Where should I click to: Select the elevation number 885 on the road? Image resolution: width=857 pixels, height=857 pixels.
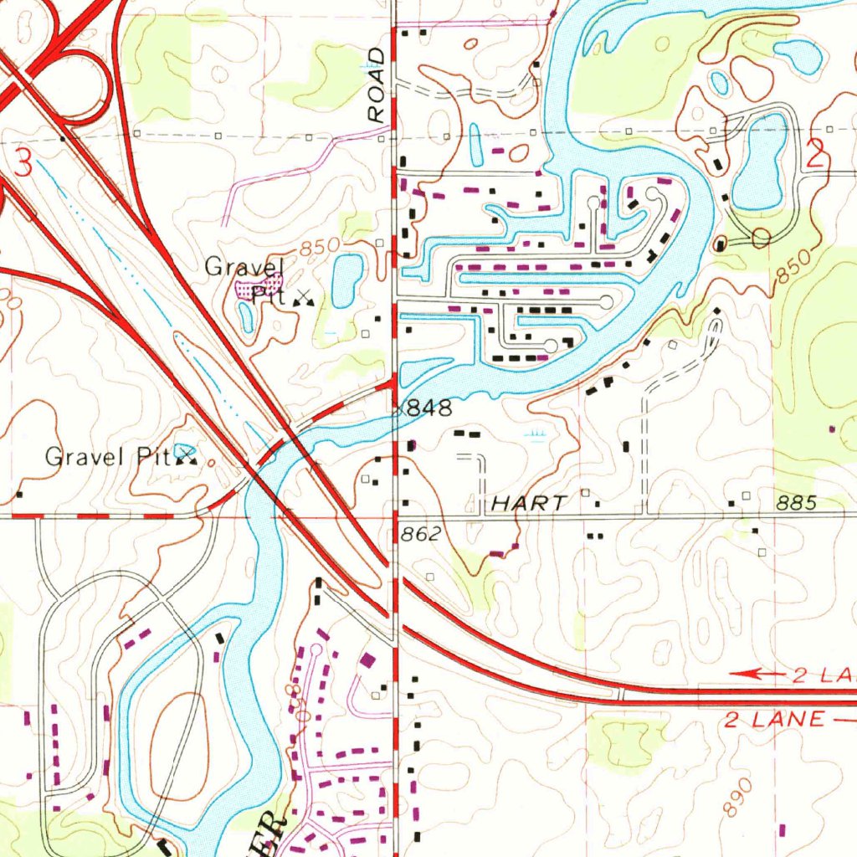tap(796, 503)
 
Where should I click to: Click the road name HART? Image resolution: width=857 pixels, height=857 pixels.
tap(528, 503)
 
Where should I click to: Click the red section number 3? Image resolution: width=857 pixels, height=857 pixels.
tap(23, 162)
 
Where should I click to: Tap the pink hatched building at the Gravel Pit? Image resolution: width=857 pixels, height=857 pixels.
tap(247, 290)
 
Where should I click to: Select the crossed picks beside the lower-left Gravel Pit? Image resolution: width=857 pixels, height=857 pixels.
tap(186, 456)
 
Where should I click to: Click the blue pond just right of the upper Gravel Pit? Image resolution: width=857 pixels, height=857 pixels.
tap(347, 280)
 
